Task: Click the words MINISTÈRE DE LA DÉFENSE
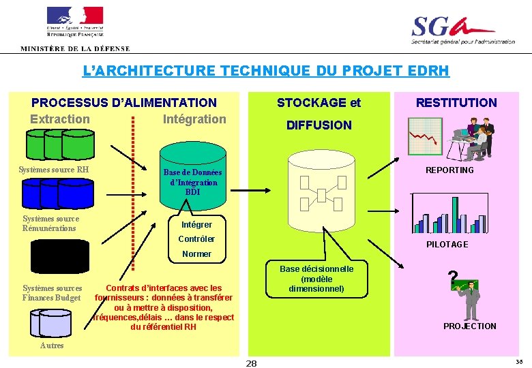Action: pyautogui.click(x=75, y=48)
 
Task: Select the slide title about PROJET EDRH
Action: pyautogui.click(x=266, y=70)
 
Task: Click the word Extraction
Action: pyautogui.click(x=60, y=119)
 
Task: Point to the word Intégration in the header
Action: pyautogui.click(x=194, y=119)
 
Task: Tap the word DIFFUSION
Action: pyautogui.click(x=319, y=125)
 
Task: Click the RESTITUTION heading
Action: pyautogui.click(x=456, y=103)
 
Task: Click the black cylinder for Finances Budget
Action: pyautogui.click(x=59, y=257)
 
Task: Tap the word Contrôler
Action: pyautogui.click(x=196, y=239)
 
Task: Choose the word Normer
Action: pyautogui.click(x=196, y=254)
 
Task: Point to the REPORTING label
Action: pyautogui.click(x=449, y=170)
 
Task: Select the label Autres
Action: pyautogui.click(x=52, y=346)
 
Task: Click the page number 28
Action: pyautogui.click(x=251, y=363)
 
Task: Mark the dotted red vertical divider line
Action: pyautogui.click(x=133, y=198)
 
